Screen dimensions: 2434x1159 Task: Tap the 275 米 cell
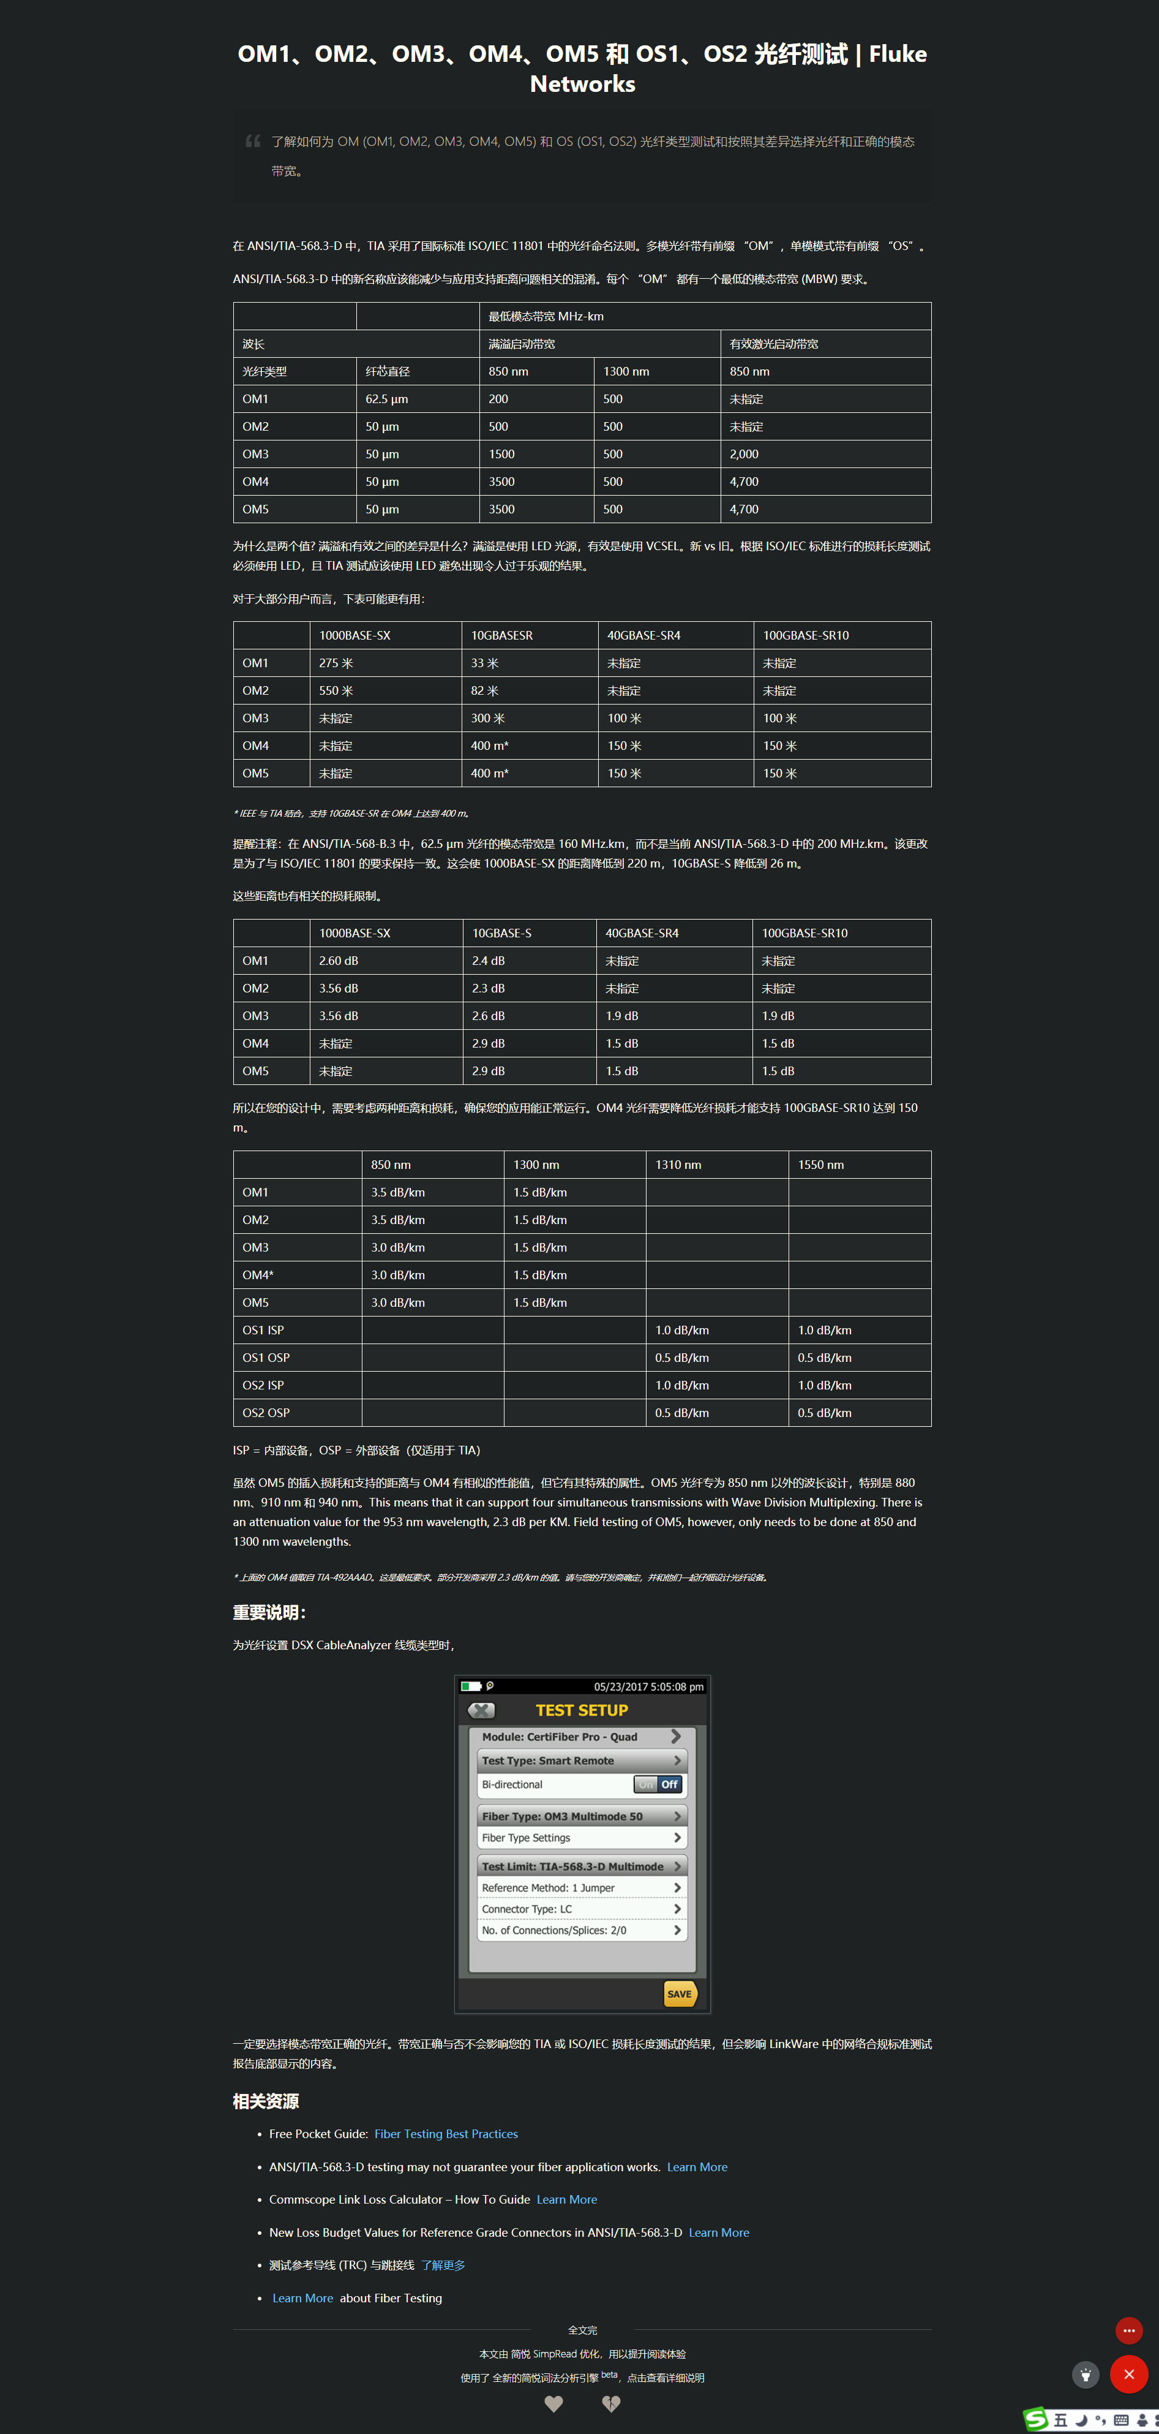[336, 663]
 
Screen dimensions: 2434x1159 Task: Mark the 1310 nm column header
[678, 1165]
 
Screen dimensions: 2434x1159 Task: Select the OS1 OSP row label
[266, 1358]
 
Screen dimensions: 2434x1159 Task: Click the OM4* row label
[258, 1276]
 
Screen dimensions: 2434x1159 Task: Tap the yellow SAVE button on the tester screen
[679, 1994]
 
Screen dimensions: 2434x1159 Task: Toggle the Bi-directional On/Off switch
[658, 1785]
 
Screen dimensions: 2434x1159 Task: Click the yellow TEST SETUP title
[582, 1710]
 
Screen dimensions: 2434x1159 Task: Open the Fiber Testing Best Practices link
[446, 2134]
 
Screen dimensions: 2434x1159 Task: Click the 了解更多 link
[443, 2265]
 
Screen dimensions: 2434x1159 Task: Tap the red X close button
[1129, 2375]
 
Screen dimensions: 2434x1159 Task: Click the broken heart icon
[611, 2404]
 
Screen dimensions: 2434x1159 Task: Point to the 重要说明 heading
[269, 1613]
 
